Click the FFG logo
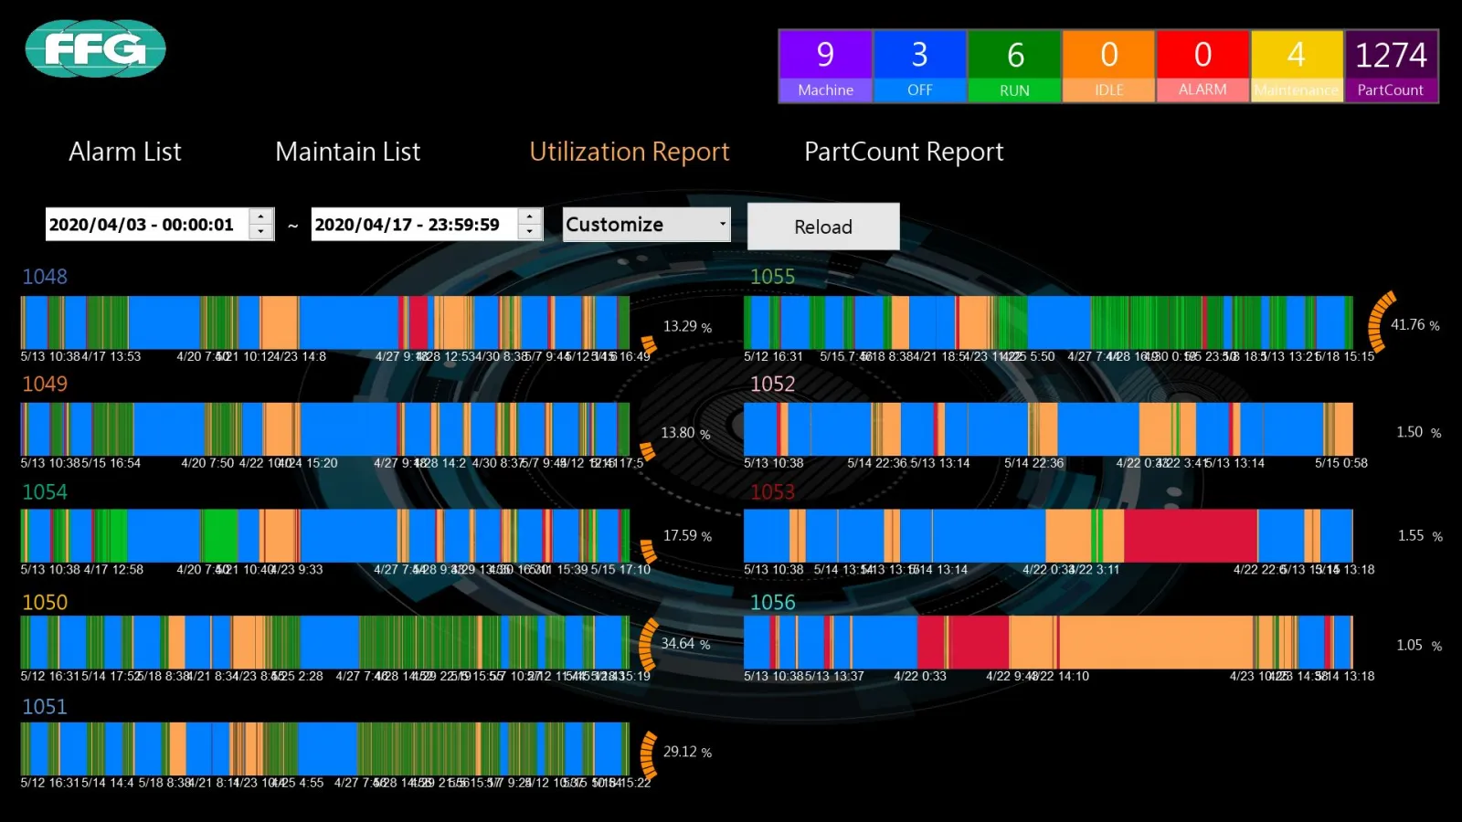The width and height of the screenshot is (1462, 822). (x=95, y=48)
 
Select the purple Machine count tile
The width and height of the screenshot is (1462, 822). (x=825, y=66)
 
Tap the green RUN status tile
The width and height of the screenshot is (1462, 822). (x=1014, y=66)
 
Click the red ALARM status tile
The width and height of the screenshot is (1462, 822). (x=1202, y=66)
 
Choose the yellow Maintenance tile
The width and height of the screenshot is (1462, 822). (x=1297, y=66)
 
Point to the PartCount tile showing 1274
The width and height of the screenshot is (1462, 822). (x=1391, y=66)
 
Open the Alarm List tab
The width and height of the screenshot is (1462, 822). (x=125, y=152)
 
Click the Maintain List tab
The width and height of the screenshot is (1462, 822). (x=348, y=152)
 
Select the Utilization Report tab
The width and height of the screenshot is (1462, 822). (x=630, y=152)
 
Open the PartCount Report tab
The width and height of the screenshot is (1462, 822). (x=904, y=152)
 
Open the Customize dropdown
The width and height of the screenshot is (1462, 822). (x=646, y=224)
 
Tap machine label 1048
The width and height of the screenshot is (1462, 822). (x=45, y=277)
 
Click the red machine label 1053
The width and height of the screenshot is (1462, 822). (x=773, y=492)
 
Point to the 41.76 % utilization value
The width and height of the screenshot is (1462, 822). (x=1414, y=325)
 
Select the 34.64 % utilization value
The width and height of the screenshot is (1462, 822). (x=685, y=644)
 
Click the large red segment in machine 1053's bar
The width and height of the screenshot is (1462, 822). (x=1190, y=535)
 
